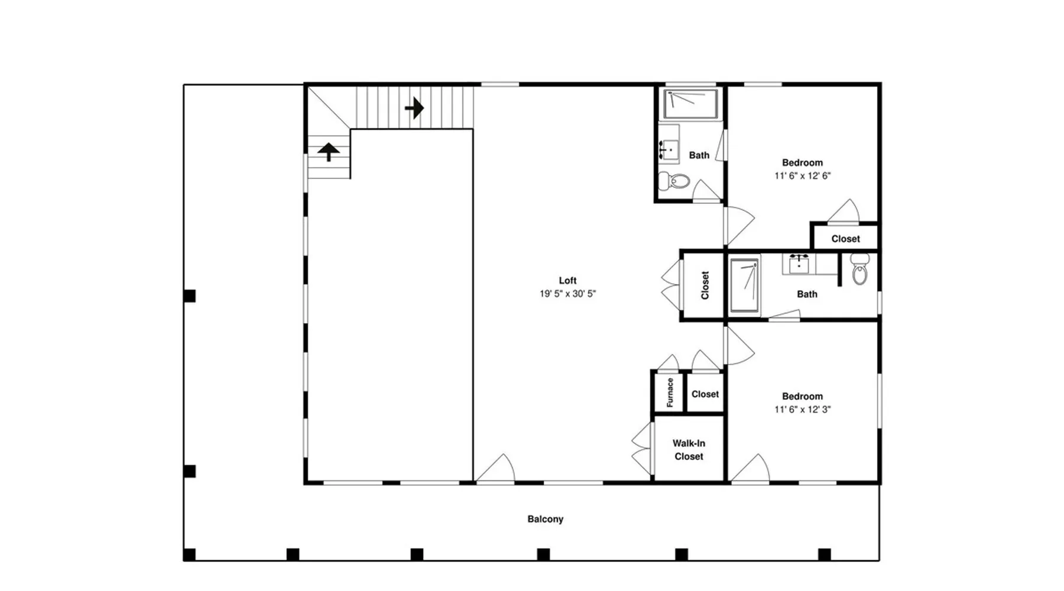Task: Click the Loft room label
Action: pyautogui.click(x=567, y=281)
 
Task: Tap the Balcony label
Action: pyautogui.click(x=545, y=519)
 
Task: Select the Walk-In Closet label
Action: pyautogui.click(x=689, y=450)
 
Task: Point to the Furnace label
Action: pyautogui.click(x=670, y=393)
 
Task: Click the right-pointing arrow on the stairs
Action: pyautogui.click(x=414, y=108)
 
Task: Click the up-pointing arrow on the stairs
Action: pyautogui.click(x=328, y=152)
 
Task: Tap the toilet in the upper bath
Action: pyautogui.click(x=674, y=180)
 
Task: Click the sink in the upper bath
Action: pyautogui.click(x=669, y=150)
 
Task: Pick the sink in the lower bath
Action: pyautogui.click(x=799, y=264)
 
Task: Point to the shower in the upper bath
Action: pyautogui.click(x=690, y=104)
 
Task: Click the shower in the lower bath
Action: pyautogui.click(x=744, y=286)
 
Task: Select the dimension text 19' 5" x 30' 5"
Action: pyautogui.click(x=567, y=294)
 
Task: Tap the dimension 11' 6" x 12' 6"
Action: pyautogui.click(x=802, y=176)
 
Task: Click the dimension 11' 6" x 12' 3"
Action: pyautogui.click(x=802, y=409)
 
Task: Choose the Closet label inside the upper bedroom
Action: pyautogui.click(x=845, y=239)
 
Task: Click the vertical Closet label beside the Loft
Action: pyautogui.click(x=705, y=285)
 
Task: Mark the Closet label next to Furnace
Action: pyautogui.click(x=705, y=394)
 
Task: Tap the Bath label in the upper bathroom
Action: pyautogui.click(x=699, y=155)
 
